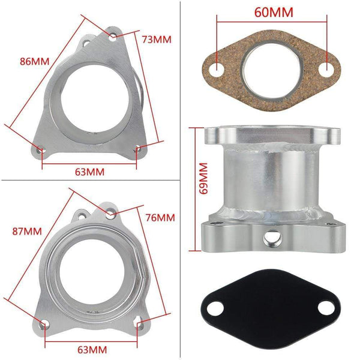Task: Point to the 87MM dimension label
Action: point(30,230)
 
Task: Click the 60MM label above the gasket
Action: point(273,12)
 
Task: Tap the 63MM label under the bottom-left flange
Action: point(92,349)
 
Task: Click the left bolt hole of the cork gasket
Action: point(217,68)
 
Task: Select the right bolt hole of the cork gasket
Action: point(328,68)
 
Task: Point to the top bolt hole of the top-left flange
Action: point(113,37)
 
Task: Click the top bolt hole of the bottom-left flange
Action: point(110,214)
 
